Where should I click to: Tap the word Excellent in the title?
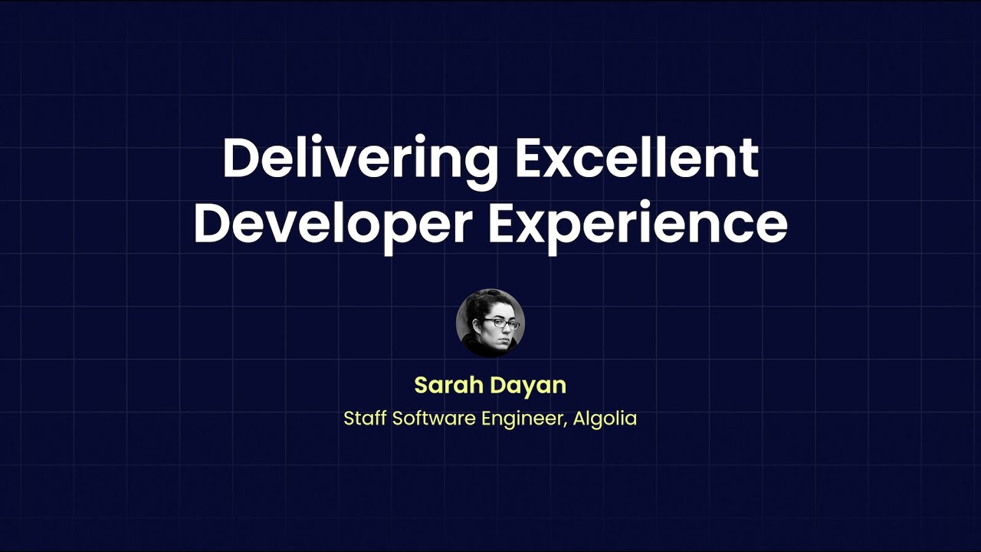pos(637,158)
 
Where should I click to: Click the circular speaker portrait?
pos(490,323)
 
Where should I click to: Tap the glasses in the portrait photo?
pos(502,324)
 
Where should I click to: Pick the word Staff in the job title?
pos(365,419)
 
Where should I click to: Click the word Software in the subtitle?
pos(433,419)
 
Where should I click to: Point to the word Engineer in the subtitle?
pos(524,420)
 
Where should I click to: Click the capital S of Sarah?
pos(421,385)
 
